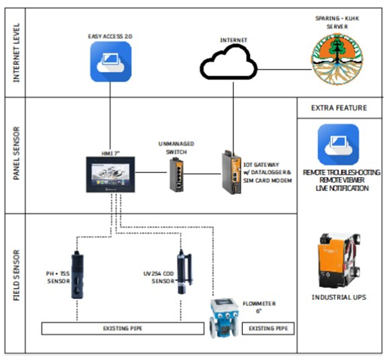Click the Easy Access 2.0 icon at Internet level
[110, 62]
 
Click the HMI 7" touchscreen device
[110, 174]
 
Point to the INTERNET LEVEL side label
[16, 53]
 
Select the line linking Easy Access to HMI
[110, 118]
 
